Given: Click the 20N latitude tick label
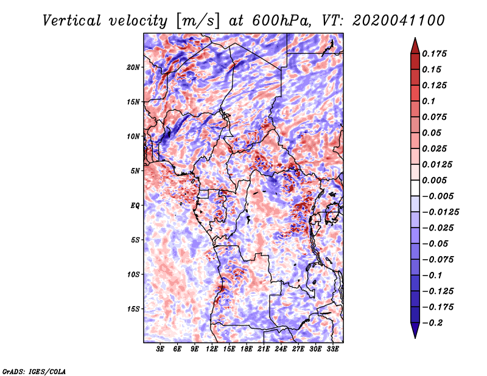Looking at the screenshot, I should tap(133, 67).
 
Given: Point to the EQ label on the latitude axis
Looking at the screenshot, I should tap(136, 205).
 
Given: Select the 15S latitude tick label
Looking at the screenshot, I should tap(133, 308).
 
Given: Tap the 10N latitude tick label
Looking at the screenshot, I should tap(133, 136).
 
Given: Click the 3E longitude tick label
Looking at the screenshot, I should tap(161, 349).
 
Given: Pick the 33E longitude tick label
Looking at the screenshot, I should tap(332, 349).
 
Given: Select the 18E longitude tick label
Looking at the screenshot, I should tap(247, 349).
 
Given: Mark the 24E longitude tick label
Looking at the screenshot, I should tap(281, 349).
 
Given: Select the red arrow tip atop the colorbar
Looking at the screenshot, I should tap(415, 43).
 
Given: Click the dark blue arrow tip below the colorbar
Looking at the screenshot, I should tap(415, 333).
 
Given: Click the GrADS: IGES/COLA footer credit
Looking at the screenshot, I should tap(33, 371).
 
